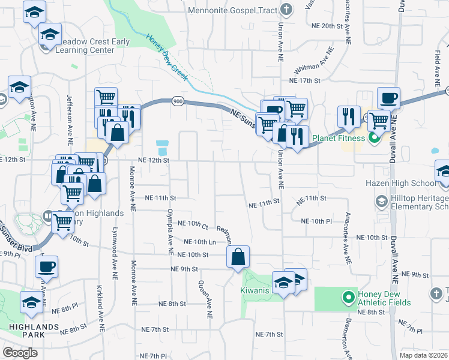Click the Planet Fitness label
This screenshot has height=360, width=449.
click(x=339, y=139)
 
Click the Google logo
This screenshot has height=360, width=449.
click(x=20, y=353)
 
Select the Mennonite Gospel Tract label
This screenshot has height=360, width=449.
click(x=232, y=10)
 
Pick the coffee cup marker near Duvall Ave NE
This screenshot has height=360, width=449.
click(x=388, y=98)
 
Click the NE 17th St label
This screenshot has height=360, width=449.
click(x=304, y=80)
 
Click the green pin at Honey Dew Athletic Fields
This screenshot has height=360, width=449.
click(x=347, y=296)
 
